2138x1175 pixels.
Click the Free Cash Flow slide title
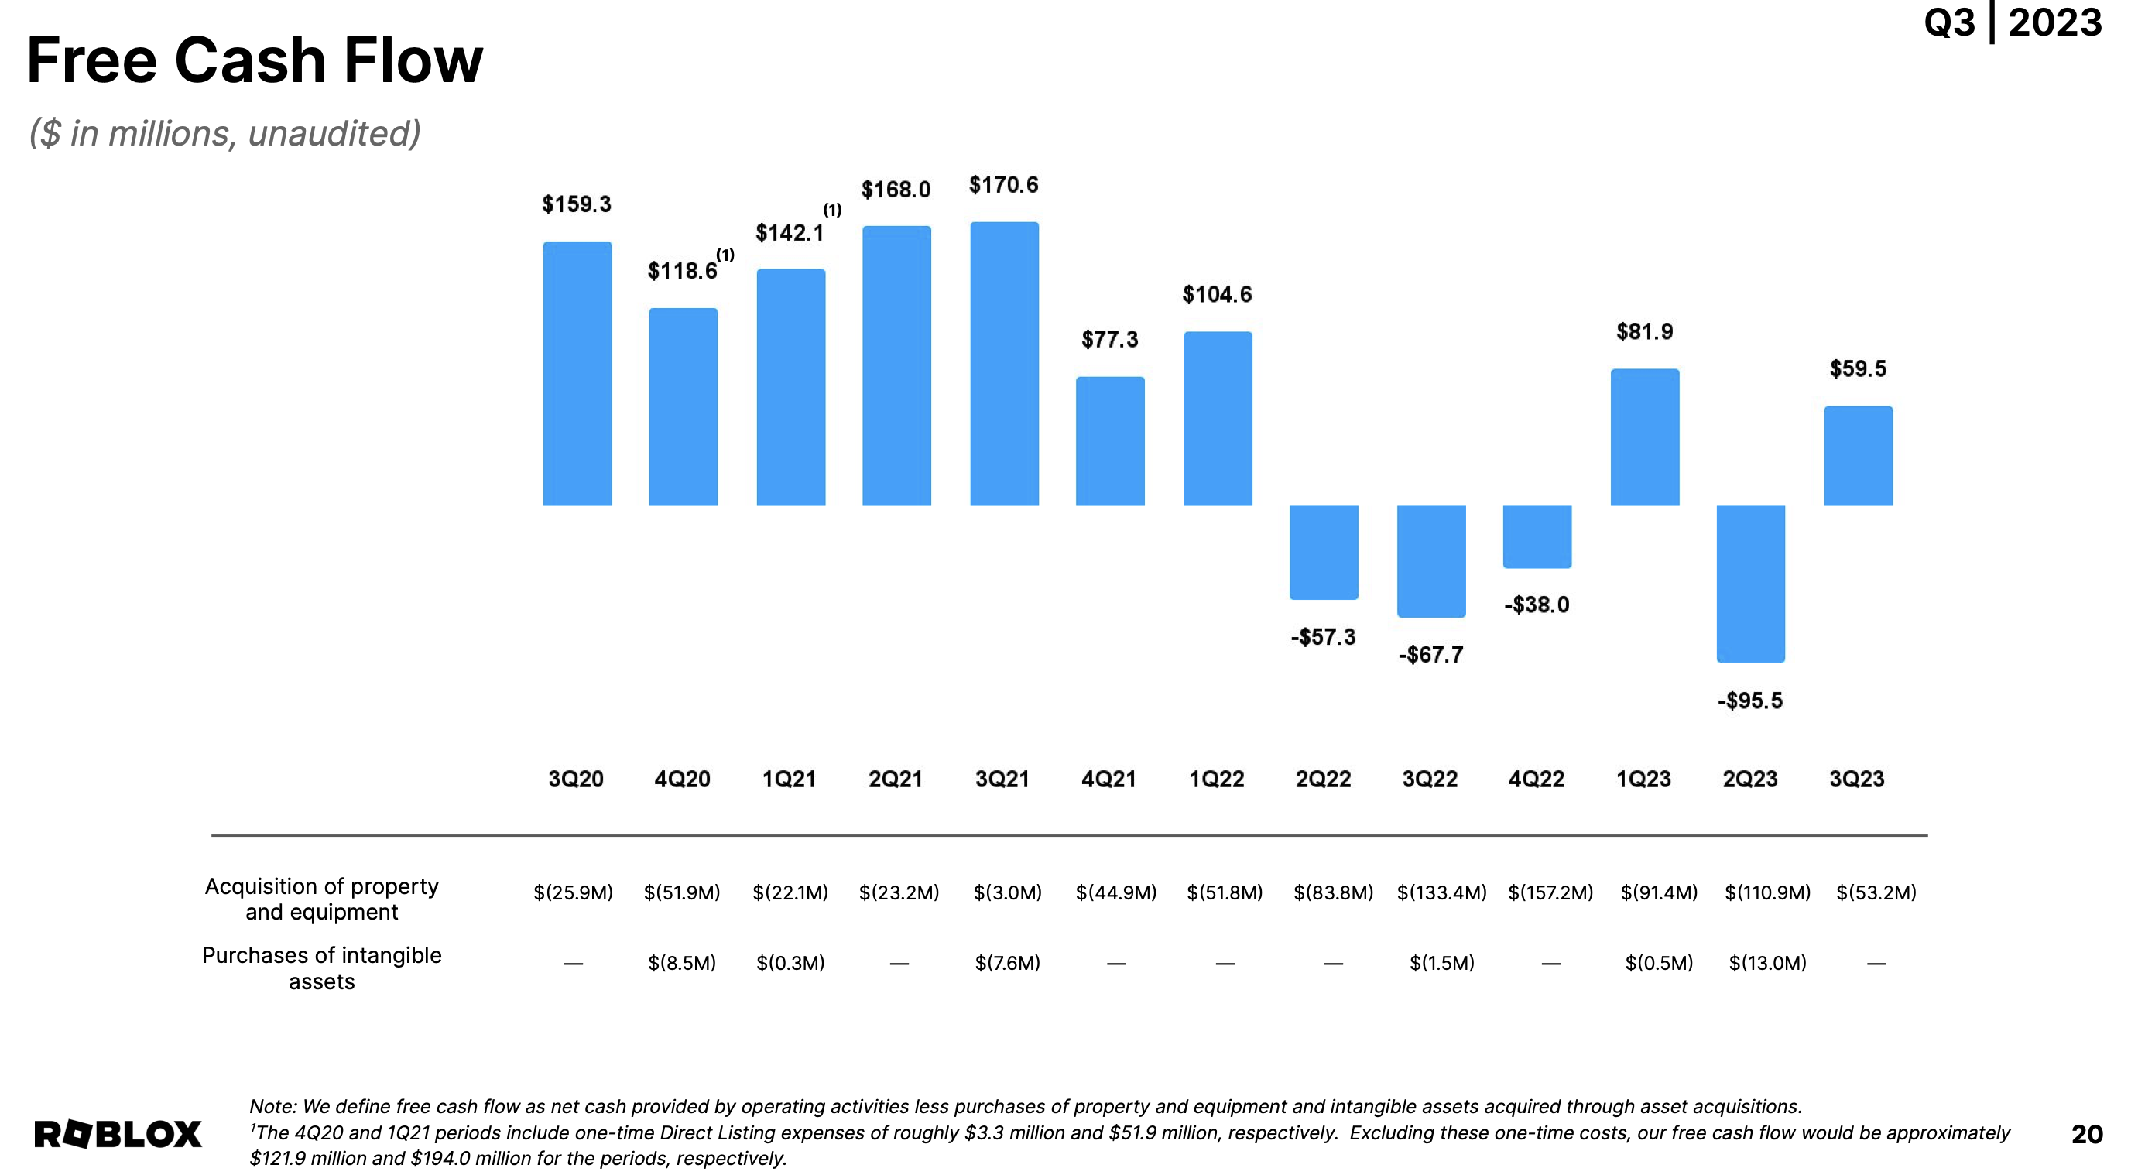[254, 60]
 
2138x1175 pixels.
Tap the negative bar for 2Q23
[1750, 584]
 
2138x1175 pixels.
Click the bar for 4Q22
[1537, 536]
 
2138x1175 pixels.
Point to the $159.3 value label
[576, 204]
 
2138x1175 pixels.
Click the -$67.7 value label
[1430, 655]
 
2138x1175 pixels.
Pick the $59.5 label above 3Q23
[1858, 368]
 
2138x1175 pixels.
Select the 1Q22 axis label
[1216, 779]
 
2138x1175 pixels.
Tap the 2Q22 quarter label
[1323, 779]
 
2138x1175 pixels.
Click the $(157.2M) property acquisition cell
[1550, 893]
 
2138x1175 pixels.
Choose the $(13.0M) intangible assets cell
[1767, 964]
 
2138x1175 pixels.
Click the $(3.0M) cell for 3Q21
[1007, 893]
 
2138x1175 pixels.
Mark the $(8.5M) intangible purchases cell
[681, 964]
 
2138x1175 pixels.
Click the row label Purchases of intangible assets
[321, 968]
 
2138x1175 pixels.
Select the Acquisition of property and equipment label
[321, 899]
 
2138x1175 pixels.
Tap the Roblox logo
[118, 1134]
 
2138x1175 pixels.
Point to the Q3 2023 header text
[2012, 22]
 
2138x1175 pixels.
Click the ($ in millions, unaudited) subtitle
[224, 133]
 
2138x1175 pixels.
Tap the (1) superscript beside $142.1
[831, 210]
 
